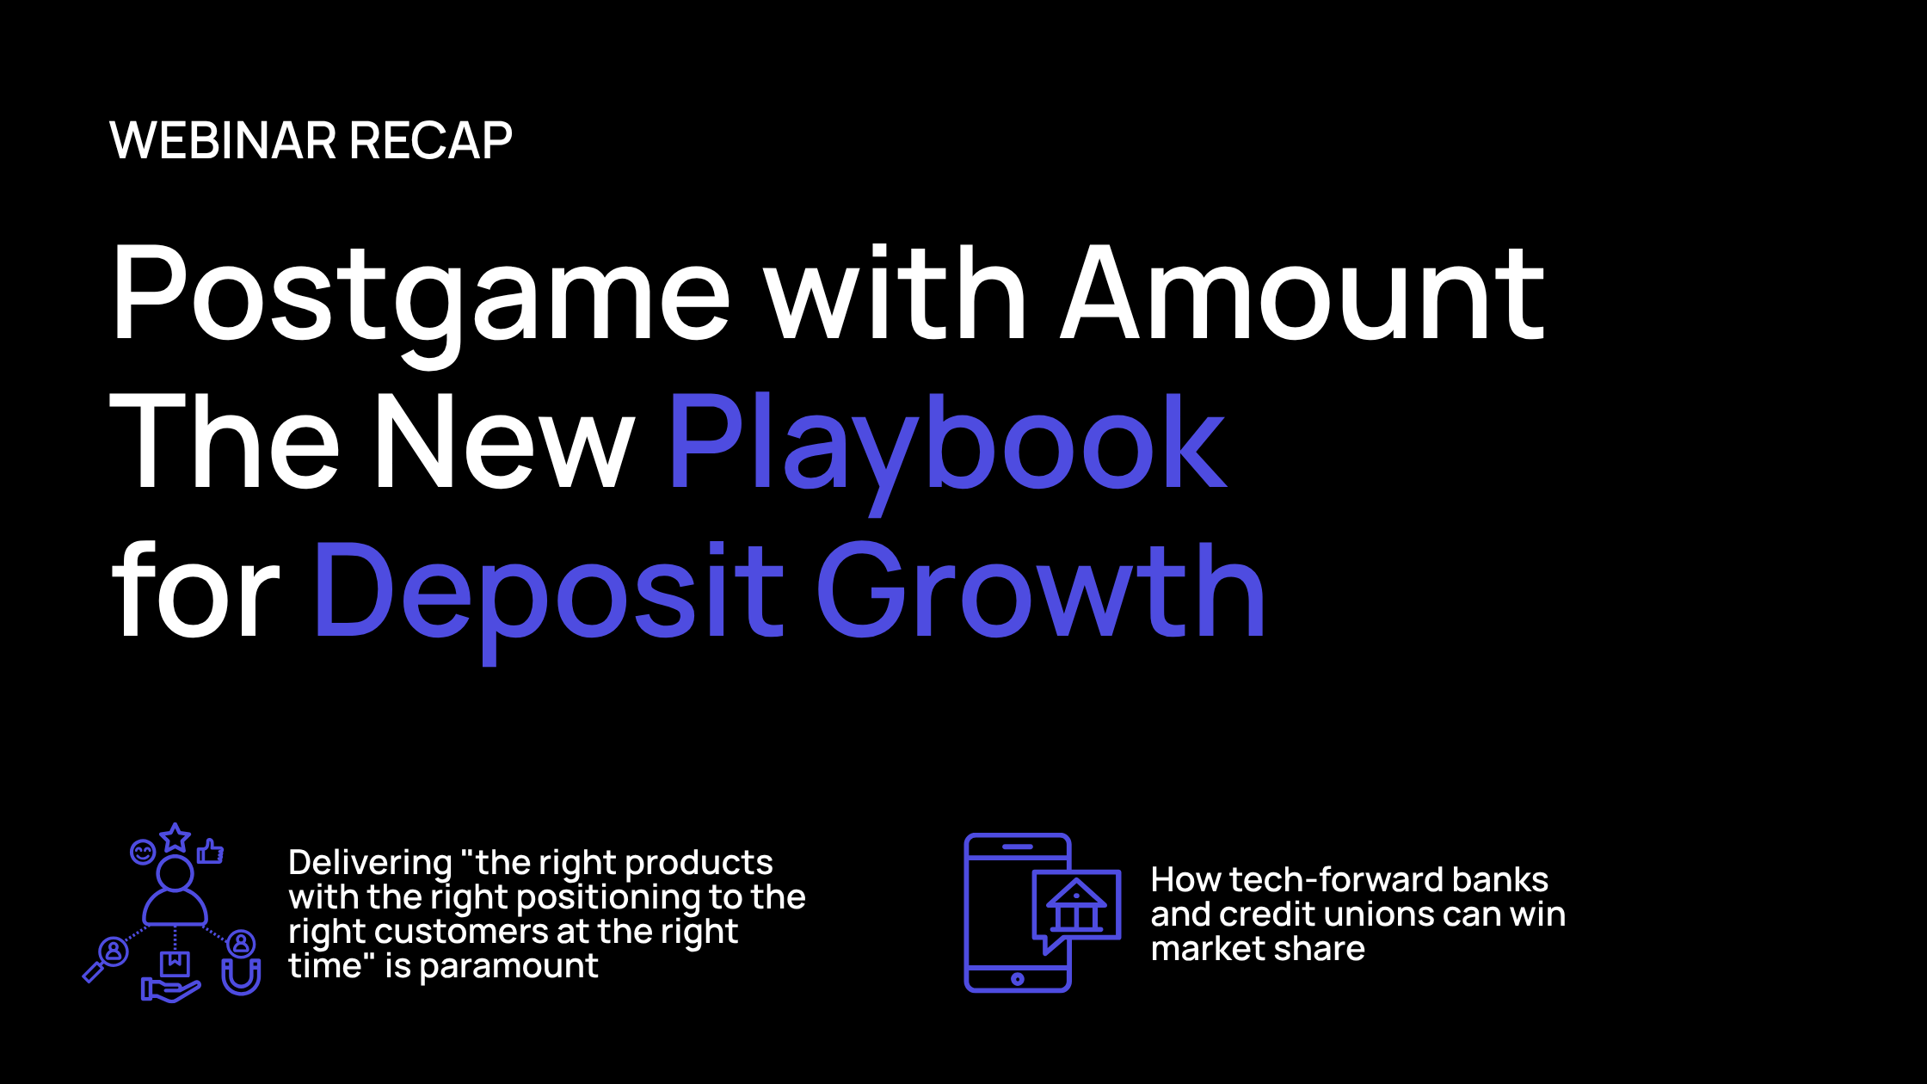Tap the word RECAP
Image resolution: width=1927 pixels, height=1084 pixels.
(x=431, y=141)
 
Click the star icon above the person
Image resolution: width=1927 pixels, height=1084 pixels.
(x=175, y=836)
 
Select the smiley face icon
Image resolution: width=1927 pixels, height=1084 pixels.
(x=143, y=853)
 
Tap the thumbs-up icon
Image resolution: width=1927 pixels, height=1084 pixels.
(x=210, y=852)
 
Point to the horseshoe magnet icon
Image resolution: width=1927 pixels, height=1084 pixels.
(x=242, y=976)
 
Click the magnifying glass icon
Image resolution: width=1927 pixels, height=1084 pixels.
(x=106, y=958)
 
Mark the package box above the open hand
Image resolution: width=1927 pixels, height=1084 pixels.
(x=175, y=964)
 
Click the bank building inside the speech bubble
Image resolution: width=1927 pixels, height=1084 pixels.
(x=1076, y=905)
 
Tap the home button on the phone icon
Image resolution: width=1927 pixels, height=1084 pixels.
(x=1018, y=979)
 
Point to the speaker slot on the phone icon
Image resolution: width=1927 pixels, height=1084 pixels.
(x=1018, y=847)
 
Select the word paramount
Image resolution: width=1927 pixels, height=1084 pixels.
(x=509, y=967)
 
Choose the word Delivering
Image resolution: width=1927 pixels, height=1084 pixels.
(x=371, y=864)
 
